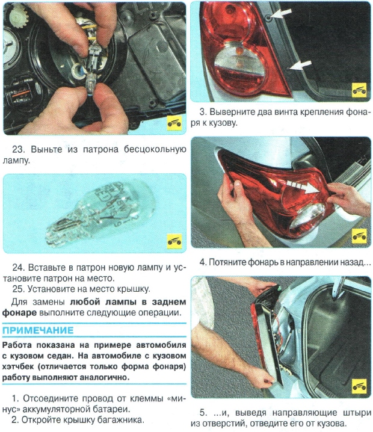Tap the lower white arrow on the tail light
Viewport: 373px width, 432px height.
301,64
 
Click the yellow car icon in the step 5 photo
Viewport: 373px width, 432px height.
359,385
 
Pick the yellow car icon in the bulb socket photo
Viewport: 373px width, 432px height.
174,123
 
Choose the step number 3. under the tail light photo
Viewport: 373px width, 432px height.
203,111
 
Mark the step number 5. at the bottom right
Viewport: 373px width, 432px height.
203,413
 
